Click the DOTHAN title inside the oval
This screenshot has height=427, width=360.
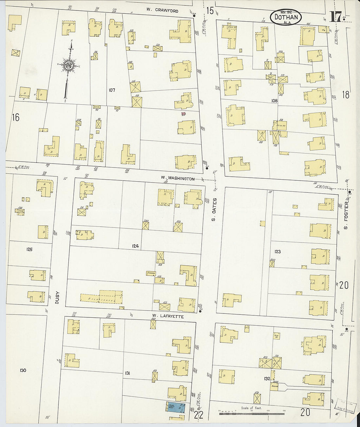(x=286, y=17)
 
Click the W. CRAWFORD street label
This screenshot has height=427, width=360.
(x=162, y=11)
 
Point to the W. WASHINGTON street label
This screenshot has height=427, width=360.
(x=177, y=178)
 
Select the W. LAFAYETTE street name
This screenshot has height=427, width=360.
(x=168, y=317)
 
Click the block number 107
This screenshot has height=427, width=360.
(x=112, y=90)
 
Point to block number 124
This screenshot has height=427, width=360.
(x=135, y=246)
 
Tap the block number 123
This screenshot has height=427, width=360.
(x=278, y=252)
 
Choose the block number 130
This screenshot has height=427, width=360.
(x=23, y=370)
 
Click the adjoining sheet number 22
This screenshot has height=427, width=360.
(x=199, y=415)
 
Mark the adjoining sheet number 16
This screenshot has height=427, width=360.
(x=15, y=117)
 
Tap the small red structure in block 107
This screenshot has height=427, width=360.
(x=183, y=114)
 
